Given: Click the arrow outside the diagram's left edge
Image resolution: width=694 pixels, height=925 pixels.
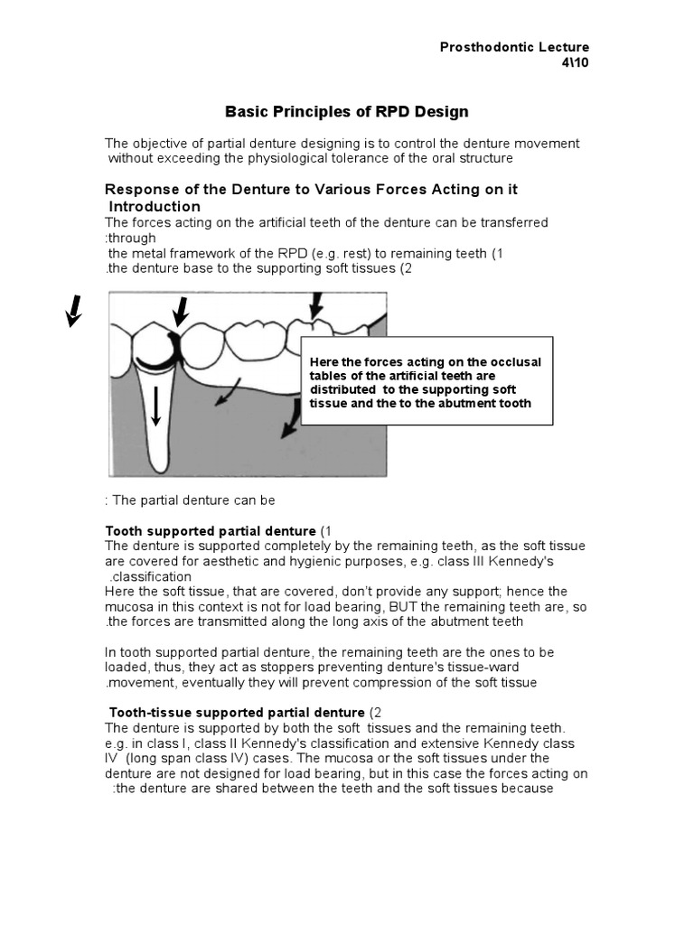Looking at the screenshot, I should [74, 312].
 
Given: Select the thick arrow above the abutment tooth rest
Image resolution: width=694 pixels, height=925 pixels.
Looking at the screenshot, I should [181, 313].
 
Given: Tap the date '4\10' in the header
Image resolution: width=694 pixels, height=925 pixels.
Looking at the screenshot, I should [575, 62].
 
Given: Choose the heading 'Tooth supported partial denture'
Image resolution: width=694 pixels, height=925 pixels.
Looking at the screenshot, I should [211, 530].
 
